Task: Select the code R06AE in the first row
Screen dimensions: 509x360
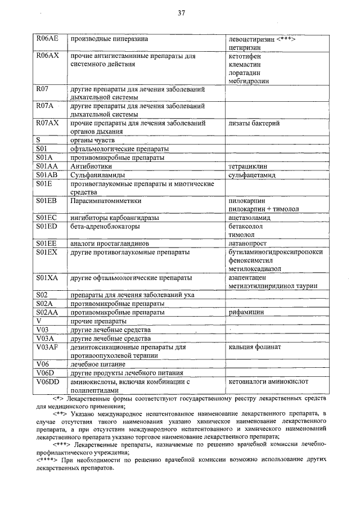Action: click(x=47, y=39)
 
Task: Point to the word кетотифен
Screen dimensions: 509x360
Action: click(x=245, y=57)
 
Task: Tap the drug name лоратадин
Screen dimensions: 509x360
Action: click(x=245, y=73)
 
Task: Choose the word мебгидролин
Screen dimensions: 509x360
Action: click(x=249, y=80)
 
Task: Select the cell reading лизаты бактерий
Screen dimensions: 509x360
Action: click(x=254, y=123)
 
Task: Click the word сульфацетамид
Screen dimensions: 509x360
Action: click(x=252, y=175)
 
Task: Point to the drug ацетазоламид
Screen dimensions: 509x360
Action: click(x=250, y=217)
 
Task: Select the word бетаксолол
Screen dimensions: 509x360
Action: click(x=246, y=226)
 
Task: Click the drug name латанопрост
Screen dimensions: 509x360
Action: click(x=249, y=243)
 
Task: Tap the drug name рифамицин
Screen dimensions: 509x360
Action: click(x=247, y=311)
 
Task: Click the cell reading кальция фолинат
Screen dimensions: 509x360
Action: click(x=255, y=347)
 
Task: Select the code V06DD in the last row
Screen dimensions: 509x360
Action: click(x=47, y=381)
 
